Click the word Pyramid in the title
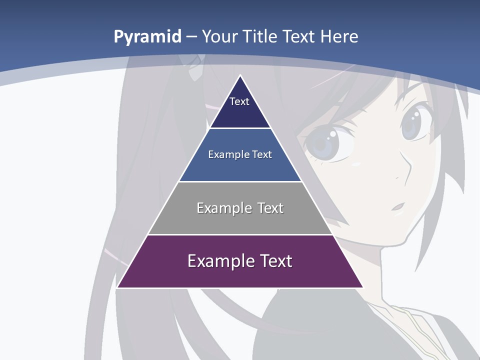(x=147, y=37)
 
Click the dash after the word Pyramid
(x=191, y=37)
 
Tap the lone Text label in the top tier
(x=239, y=101)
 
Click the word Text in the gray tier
(x=270, y=208)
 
